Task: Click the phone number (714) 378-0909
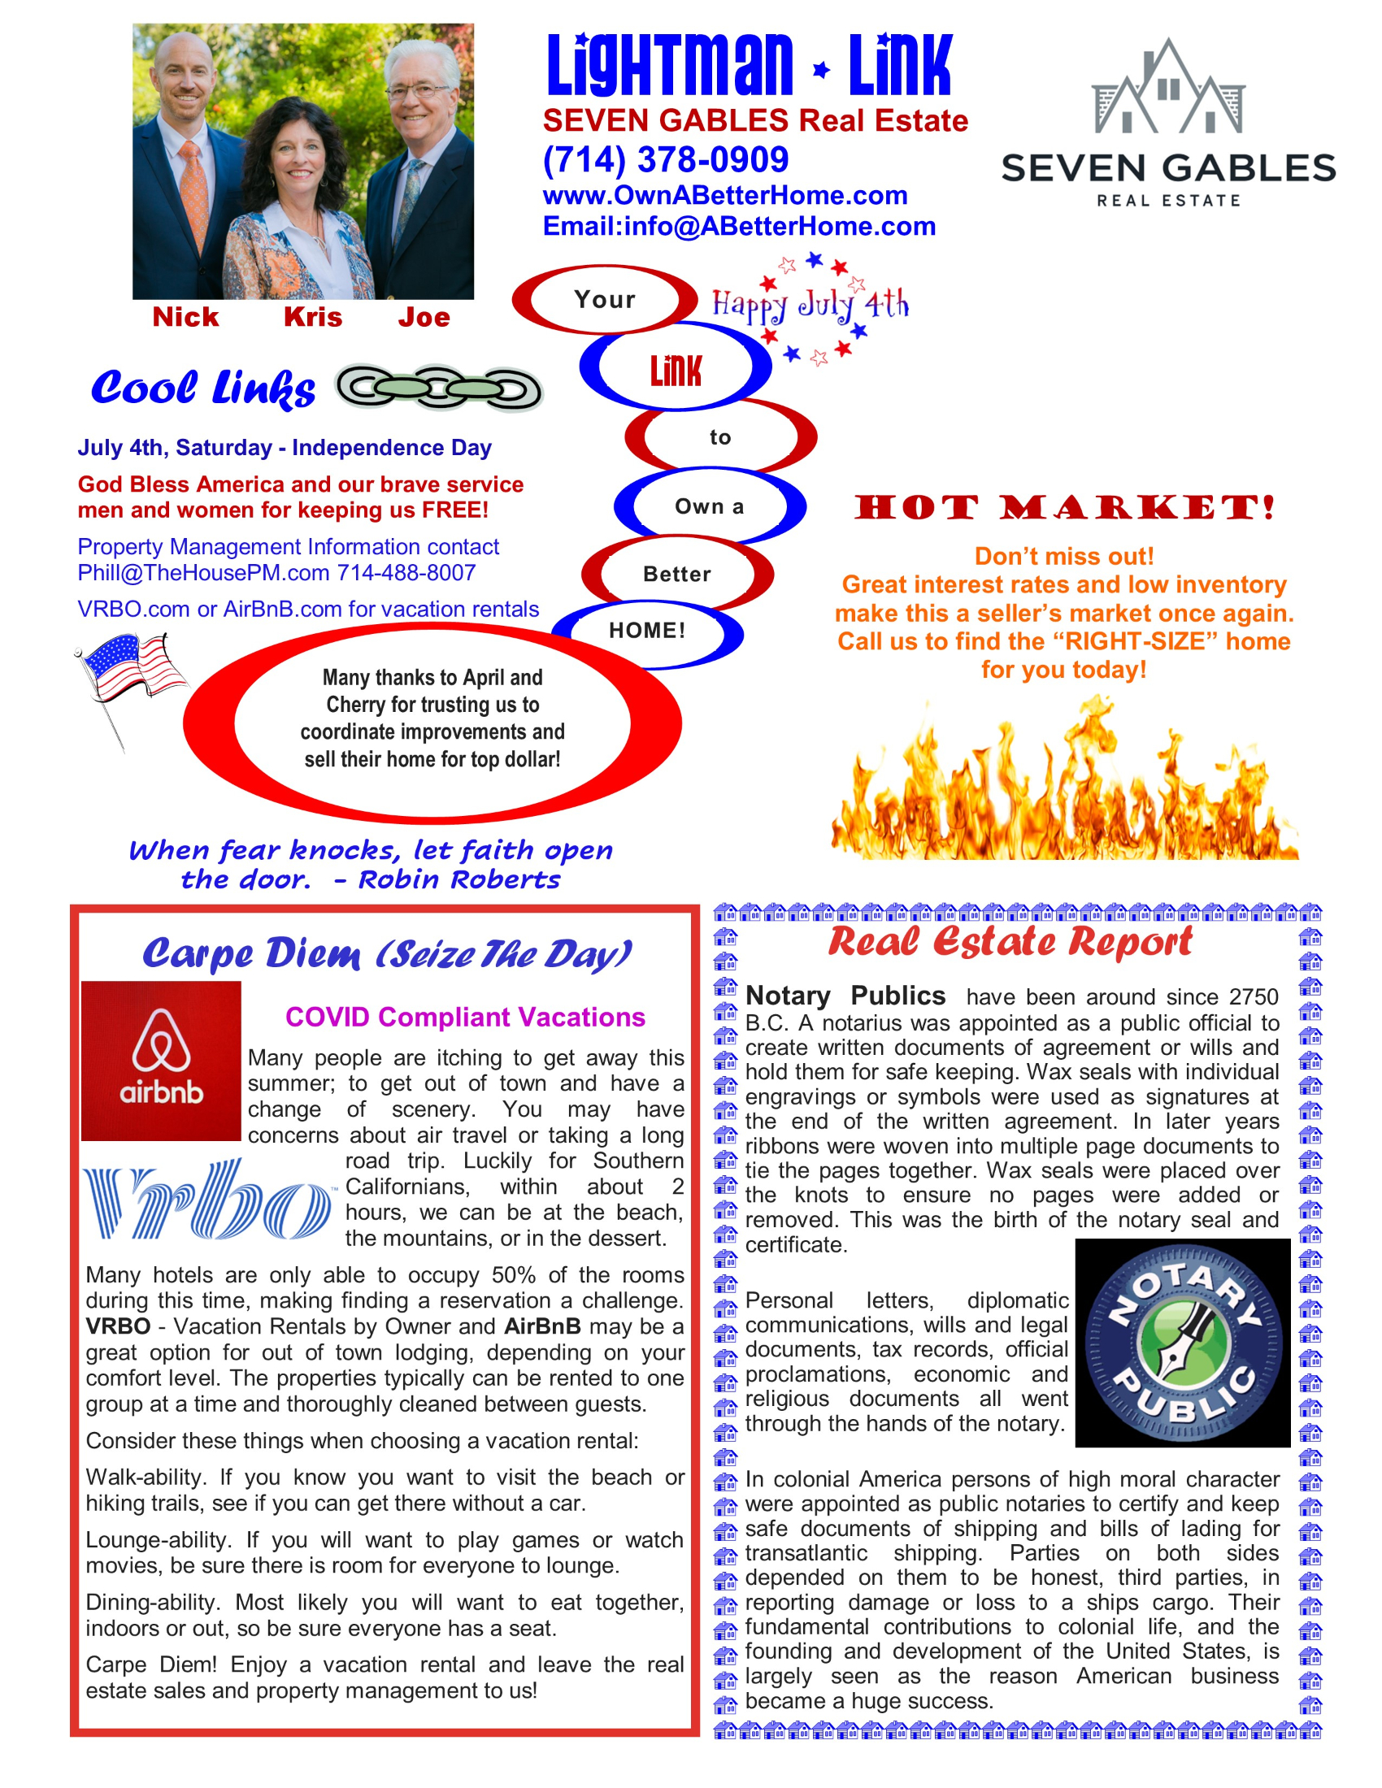[665, 159]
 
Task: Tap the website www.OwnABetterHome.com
[724, 195]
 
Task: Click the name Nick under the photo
[185, 317]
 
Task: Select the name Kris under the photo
[313, 317]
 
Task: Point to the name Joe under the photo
[424, 317]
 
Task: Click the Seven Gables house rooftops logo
[1168, 89]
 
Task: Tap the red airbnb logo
[160, 1060]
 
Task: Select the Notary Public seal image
[1182, 1343]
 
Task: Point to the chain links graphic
[439, 388]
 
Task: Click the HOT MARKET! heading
[1063, 507]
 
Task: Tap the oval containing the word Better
[676, 574]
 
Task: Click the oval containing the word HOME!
[647, 631]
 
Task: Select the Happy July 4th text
[809, 305]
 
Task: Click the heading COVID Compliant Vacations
[464, 1017]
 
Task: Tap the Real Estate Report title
[1010, 941]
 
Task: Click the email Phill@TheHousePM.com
[203, 572]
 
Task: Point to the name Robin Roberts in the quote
[458, 879]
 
